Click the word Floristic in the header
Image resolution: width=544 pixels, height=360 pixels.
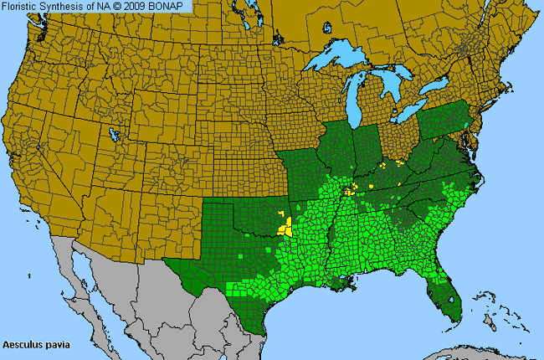click(x=23, y=7)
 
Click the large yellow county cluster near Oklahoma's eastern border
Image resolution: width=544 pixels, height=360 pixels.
click(x=286, y=227)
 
